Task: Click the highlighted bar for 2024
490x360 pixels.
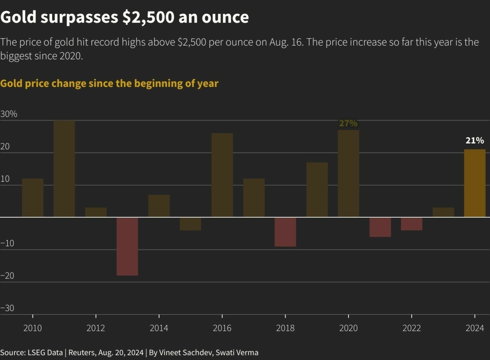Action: coord(475,183)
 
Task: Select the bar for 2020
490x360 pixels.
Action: coord(348,174)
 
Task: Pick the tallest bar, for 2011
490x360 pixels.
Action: coord(64,169)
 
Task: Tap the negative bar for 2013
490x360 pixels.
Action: coord(127,246)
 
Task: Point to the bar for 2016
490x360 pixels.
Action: coord(222,175)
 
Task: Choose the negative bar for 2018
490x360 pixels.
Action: coord(285,232)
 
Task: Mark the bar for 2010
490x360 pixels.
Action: coord(33,198)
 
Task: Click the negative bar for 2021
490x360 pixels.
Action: coord(380,227)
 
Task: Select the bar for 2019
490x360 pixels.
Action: coord(317,190)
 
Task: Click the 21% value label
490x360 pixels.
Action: coord(475,141)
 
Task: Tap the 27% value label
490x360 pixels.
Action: coord(348,123)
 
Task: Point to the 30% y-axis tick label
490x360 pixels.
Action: coord(9,114)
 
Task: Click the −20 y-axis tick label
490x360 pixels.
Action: coord(7,276)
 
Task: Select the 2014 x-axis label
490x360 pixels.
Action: coord(159,328)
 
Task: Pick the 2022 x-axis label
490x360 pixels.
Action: coord(412,328)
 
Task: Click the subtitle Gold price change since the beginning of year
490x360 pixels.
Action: coord(109,83)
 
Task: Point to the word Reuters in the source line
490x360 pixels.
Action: coord(82,352)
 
